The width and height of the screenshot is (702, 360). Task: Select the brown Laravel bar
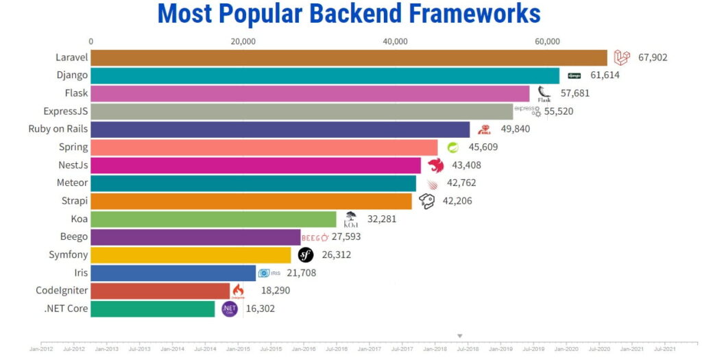pyautogui.click(x=348, y=58)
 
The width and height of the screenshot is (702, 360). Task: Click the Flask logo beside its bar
pyautogui.click(x=544, y=93)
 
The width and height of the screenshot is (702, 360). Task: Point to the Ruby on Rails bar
pyautogui.click(x=280, y=129)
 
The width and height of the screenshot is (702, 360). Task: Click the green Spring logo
pyautogui.click(x=452, y=147)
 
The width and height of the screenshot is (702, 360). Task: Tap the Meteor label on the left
pyautogui.click(x=72, y=182)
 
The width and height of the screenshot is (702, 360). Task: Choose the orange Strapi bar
pyautogui.click(x=251, y=201)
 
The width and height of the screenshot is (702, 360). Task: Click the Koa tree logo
pyautogui.click(x=350, y=219)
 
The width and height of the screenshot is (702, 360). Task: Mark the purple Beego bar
pyautogui.click(x=195, y=237)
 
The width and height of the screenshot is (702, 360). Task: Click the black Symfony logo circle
pyautogui.click(x=306, y=255)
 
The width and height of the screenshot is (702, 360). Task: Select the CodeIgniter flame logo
pyautogui.click(x=238, y=291)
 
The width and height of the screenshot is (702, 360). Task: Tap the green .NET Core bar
pyautogui.click(x=152, y=309)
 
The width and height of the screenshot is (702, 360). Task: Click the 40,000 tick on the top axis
pyautogui.click(x=396, y=41)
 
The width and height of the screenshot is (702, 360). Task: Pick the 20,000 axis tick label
pyautogui.click(x=243, y=41)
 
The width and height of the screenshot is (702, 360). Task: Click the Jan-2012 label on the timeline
pyautogui.click(x=40, y=349)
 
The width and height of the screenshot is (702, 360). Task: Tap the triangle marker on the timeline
pyautogui.click(x=460, y=336)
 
